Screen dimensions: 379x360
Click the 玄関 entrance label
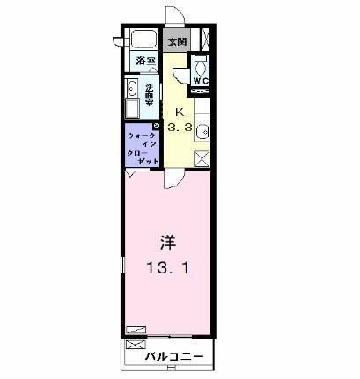coord(176,40)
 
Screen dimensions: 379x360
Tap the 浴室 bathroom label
coord(145,61)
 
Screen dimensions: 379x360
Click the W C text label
coord(200,82)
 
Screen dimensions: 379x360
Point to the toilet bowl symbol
coord(200,65)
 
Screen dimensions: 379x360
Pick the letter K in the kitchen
coord(180,112)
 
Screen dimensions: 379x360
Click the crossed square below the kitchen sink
coord(202,159)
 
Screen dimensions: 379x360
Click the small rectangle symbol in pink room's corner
coord(136,329)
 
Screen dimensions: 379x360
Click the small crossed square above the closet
coord(156,127)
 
